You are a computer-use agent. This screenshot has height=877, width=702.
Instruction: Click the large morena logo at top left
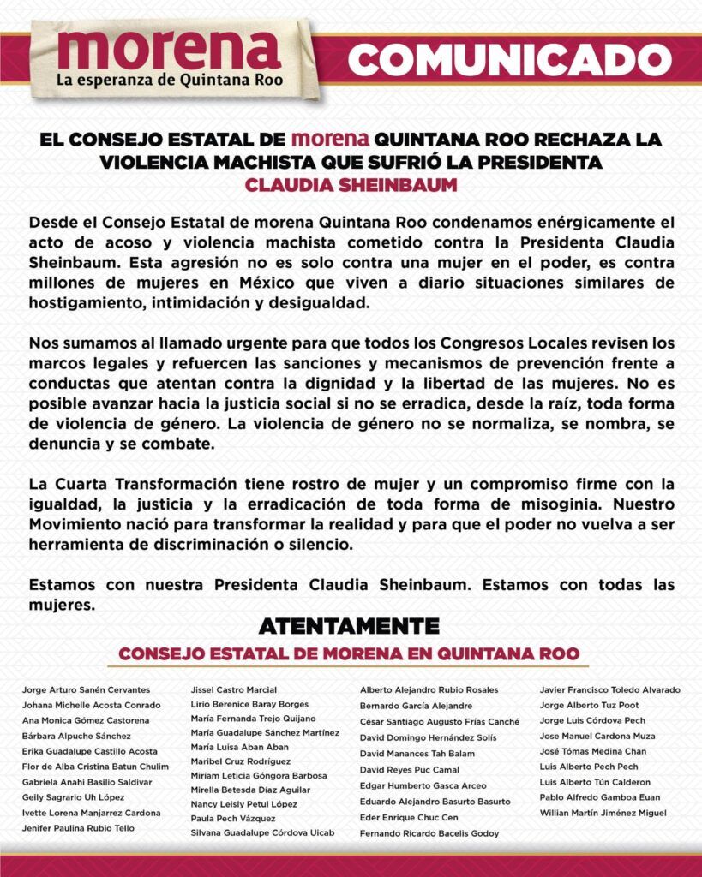click(169, 50)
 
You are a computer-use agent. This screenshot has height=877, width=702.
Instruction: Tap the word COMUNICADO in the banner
click(510, 58)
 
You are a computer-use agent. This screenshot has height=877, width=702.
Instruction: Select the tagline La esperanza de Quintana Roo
click(169, 81)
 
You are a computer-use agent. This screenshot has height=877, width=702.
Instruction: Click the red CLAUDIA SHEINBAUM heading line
click(351, 185)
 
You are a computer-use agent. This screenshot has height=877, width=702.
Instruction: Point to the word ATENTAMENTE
click(349, 626)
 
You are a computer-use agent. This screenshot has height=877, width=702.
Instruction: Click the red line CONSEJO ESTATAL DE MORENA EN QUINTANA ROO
click(349, 653)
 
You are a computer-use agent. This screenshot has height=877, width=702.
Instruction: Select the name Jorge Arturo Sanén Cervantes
click(86, 689)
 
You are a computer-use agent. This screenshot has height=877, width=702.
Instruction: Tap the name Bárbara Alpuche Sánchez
click(76, 736)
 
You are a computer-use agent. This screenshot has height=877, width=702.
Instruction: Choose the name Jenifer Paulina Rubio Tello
click(78, 828)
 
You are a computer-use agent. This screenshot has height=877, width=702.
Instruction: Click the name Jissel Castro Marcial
click(234, 689)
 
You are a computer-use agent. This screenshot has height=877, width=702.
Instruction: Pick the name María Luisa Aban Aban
click(239, 746)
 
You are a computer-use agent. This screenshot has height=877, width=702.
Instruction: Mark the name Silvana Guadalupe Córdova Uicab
click(262, 832)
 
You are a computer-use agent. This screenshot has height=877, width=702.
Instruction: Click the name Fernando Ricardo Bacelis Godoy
click(429, 833)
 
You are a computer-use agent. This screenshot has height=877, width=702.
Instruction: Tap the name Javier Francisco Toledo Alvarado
click(609, 689)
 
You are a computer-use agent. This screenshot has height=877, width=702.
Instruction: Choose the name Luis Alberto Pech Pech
click(589, 767)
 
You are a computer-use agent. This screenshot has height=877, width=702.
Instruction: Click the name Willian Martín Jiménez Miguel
click(603, 813)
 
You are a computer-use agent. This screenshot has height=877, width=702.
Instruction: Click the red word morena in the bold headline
click(330, 138)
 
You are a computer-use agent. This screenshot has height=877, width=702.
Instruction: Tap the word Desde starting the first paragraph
click(51, 221)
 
